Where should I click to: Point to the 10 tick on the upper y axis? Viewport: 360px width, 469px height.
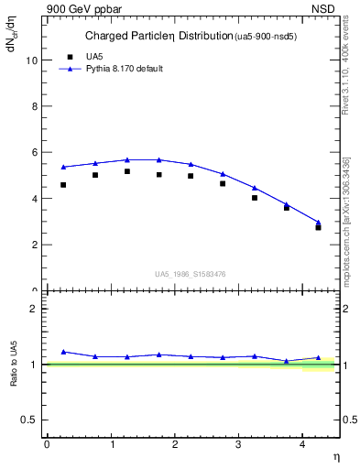32,60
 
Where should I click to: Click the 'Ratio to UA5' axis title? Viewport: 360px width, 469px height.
14,365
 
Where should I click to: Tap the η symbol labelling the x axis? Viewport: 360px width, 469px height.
334,456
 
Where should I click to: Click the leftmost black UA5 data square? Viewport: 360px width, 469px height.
63,185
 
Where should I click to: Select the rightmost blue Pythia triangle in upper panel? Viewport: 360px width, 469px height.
318,223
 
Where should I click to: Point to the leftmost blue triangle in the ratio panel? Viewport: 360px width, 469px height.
63,352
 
